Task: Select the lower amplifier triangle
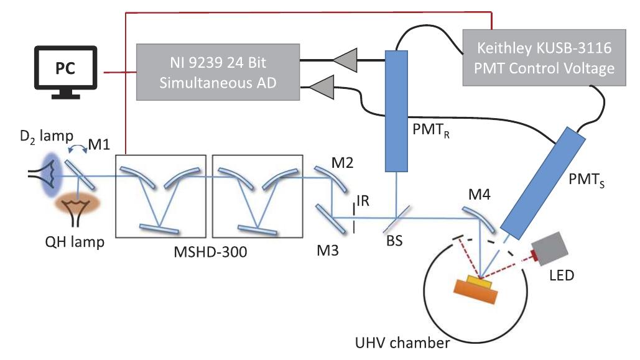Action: point(320,88)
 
